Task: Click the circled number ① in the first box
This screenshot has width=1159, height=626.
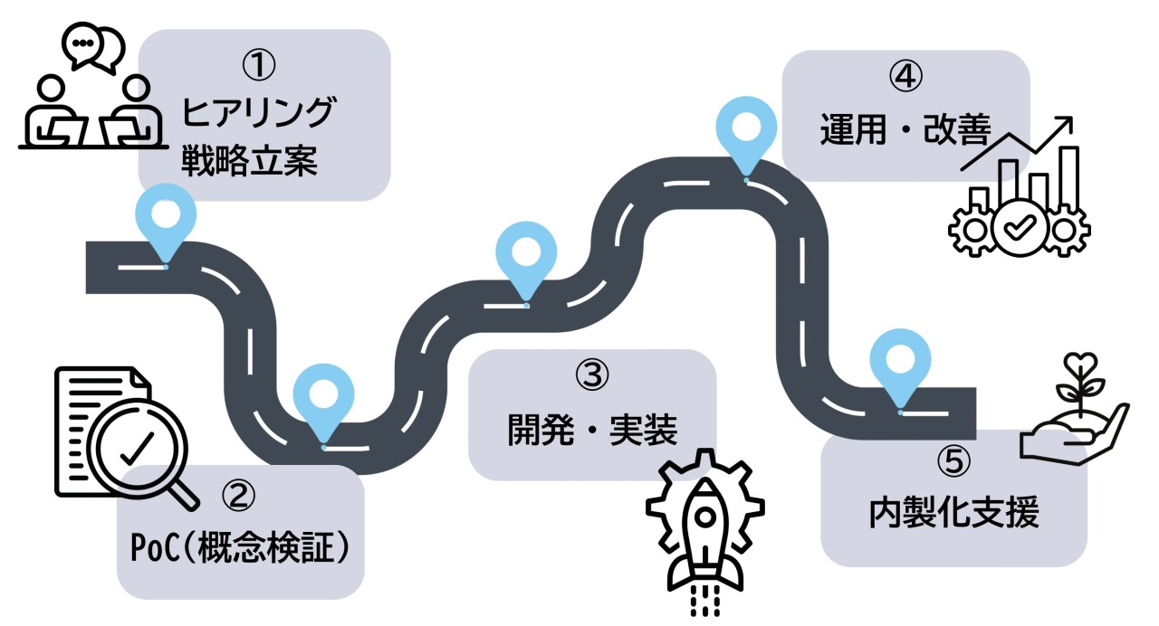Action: click(x=260, y=65)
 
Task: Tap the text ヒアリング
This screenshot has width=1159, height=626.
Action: click(x=260, y=115)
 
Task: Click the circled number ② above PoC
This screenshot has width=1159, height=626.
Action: click(x=237, y=495)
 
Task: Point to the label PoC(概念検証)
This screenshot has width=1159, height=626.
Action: click(x=239, y=547)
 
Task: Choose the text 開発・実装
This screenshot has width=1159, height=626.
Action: click(x=592, y=431)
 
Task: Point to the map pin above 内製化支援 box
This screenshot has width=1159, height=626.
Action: click(x=900, y=364)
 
